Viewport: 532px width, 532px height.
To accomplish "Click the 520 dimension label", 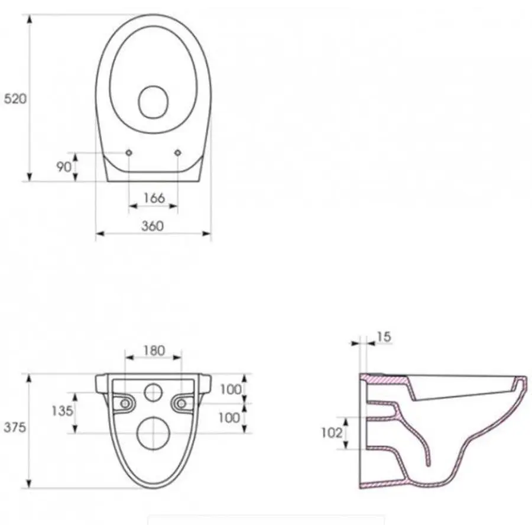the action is coord(15,99).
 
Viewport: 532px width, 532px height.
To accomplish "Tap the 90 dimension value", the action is coord(64,167).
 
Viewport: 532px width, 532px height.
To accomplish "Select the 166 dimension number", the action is coord(154,198).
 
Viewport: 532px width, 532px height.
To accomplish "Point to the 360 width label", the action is coord(153,226).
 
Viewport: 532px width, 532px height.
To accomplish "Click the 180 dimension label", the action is coord(154,351).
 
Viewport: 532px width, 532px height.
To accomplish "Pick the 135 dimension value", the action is coord(63,411).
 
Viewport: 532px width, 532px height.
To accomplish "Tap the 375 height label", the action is coord(15,427).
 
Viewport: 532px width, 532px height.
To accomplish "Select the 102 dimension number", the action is coord(332,433).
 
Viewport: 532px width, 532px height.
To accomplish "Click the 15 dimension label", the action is coord(384,337).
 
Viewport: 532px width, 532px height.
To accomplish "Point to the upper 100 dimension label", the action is coord(231,390).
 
